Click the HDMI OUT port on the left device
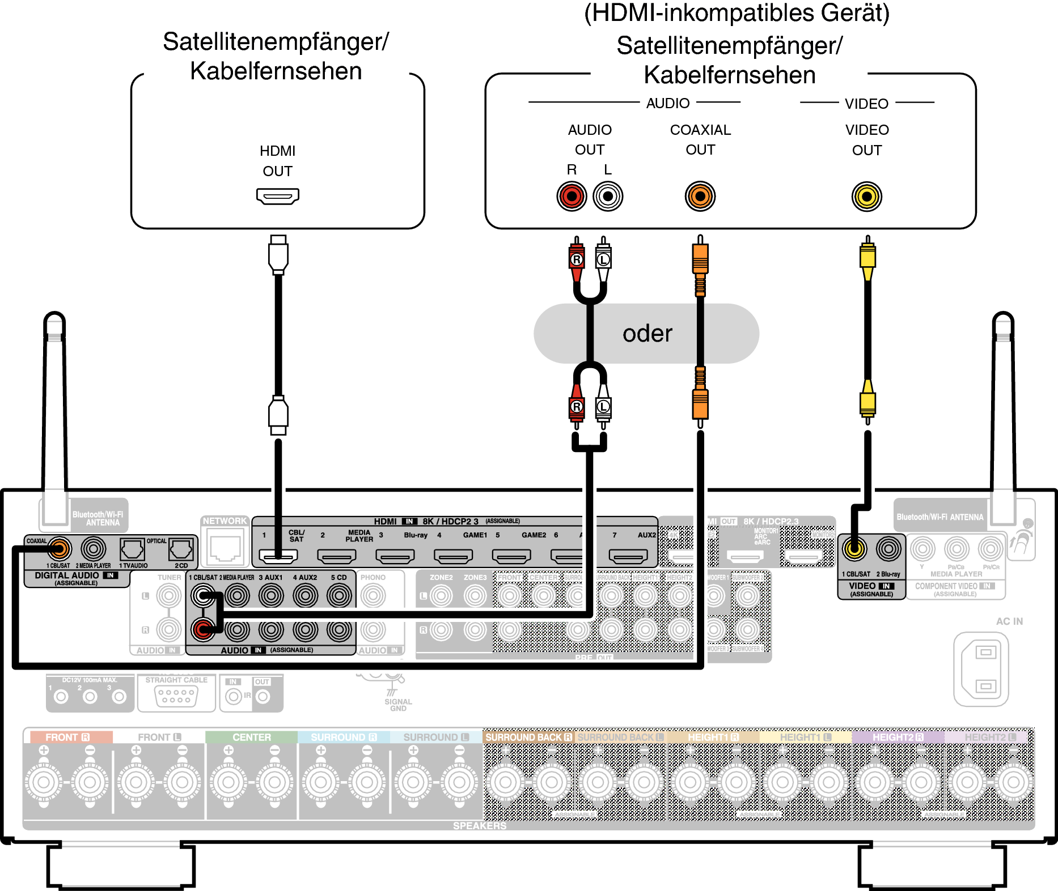(x=277, y=197)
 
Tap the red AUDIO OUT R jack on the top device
(x=572, y=197)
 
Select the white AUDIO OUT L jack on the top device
(x=608, y=197)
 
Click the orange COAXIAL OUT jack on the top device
(x=700, y=197)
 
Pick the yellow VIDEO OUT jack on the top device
(x=866, y=197)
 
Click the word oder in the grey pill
(x=647, y=333)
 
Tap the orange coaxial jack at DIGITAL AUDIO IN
(x=59, y=548)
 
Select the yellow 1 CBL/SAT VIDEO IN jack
(x=854, y=548)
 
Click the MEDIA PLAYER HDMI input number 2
(x=336, y=556)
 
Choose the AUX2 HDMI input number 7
(x=628, y=556)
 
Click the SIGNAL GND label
(x=398, y=705)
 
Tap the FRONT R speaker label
(x=67, y=737)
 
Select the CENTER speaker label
(x=251, y=737)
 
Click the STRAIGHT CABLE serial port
(x=176, y=696)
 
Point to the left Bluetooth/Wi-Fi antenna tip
(x=54, y=321)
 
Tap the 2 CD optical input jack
(x=181, y=549)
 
